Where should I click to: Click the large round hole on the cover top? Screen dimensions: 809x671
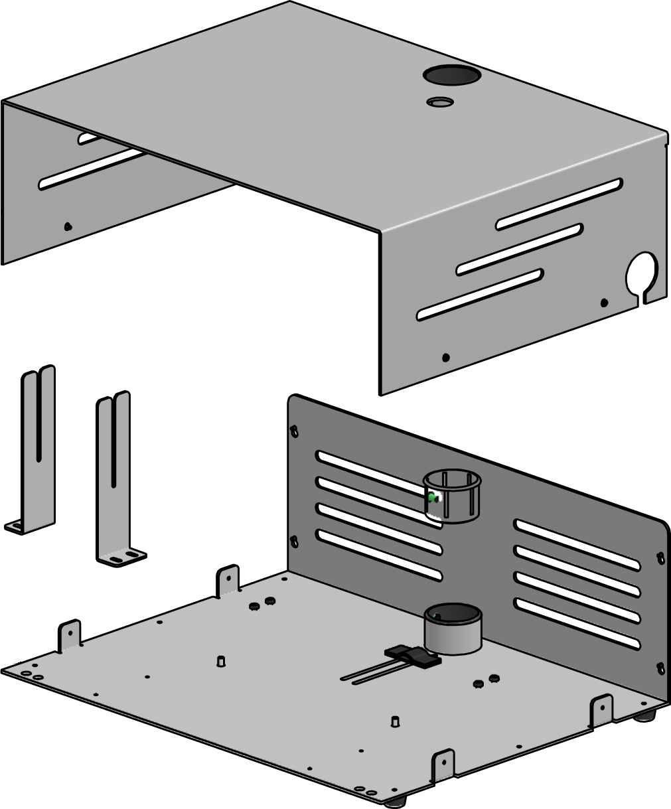tap(451, 75)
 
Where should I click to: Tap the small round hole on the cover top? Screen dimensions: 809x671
tap(440, 102)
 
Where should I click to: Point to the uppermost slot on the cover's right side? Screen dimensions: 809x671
tap(559, 204)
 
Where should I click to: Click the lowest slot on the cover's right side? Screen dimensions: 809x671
tap(480, 294)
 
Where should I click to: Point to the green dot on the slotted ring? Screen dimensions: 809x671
tap(433, 496)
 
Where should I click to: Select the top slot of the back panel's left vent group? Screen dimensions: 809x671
tap(378, 469)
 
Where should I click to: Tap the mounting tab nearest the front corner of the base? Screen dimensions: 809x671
tap(443, 765)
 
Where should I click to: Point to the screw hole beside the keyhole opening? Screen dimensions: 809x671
tap(604, 303)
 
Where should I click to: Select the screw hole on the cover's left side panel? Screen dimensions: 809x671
tap(68, 226)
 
